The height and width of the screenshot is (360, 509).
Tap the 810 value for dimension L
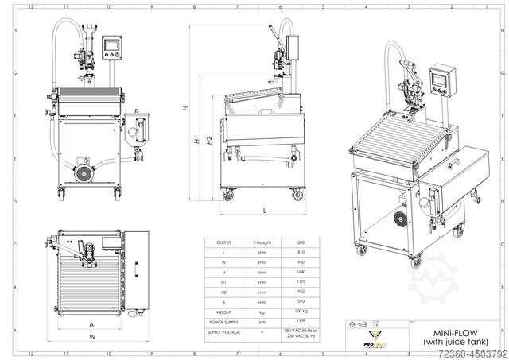[301, 250]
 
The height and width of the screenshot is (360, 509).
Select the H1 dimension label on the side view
[196, 141]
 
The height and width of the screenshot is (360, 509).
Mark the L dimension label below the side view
[263, 210]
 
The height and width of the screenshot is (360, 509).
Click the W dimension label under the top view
[92, 337]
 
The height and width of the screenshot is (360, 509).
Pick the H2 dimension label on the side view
[208, 141]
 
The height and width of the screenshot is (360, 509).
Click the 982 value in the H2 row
[301, 290]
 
